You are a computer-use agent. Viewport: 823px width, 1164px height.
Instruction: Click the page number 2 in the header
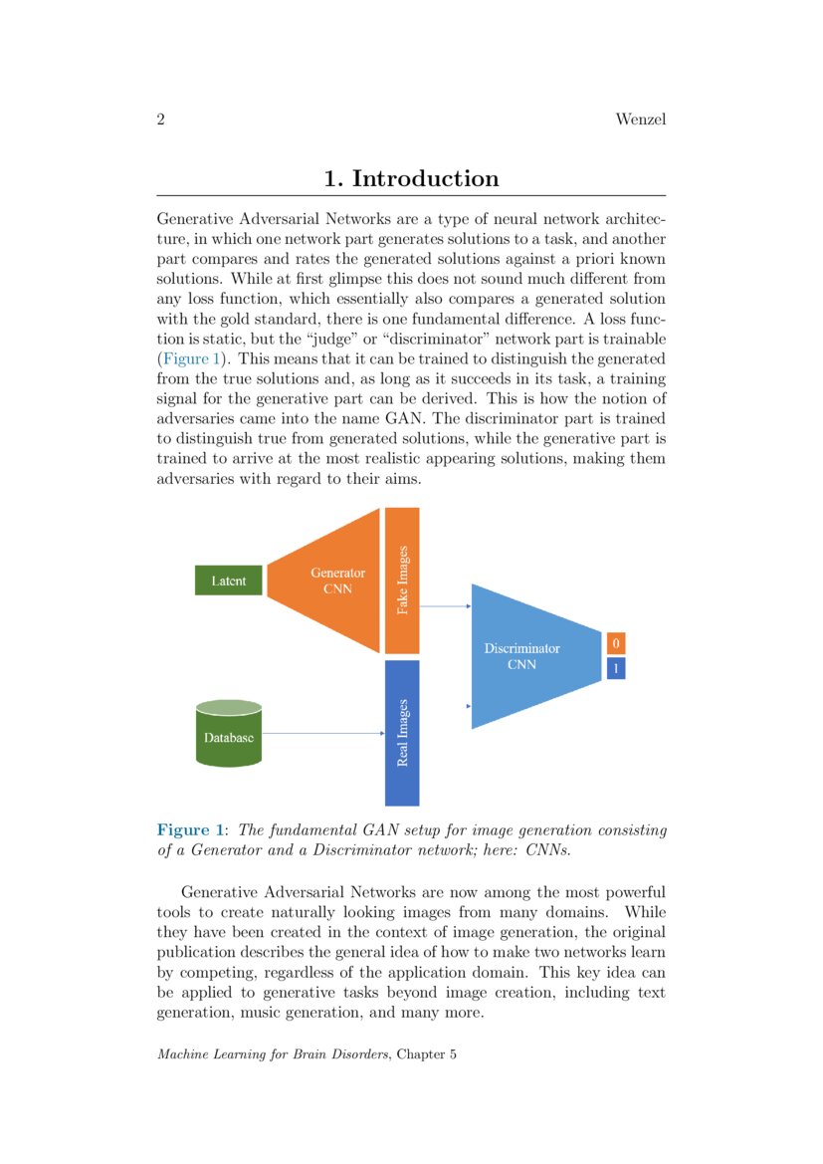pos(160,120)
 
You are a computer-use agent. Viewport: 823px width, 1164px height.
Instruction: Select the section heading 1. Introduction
pos(411,179)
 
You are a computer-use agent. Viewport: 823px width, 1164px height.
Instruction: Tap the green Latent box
pos(229,581)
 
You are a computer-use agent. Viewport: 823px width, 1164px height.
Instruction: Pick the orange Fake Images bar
pos(402,581)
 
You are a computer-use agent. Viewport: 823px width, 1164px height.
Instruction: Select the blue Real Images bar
pos(402,732)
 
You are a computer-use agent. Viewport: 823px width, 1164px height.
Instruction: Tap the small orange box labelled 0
pos(616,642)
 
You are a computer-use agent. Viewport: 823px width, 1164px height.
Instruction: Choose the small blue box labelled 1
pos(616,668)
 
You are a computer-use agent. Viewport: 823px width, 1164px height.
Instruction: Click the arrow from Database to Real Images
pos(323,734)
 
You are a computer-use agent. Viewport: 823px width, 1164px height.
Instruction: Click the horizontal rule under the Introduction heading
pos(411,196)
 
